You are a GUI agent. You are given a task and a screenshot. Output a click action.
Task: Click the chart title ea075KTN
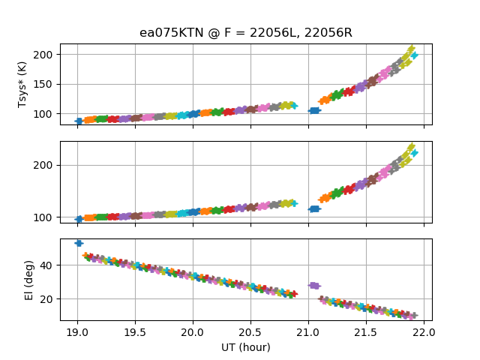pos(172,32)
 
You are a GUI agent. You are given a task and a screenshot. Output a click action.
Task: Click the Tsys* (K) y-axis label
pos(22,85)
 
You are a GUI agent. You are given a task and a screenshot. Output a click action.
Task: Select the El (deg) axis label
pos(28,280)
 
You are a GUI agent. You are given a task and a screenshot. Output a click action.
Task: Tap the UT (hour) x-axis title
pos(246,347)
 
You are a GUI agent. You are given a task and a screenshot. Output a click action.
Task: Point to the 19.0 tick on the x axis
pos(77,332)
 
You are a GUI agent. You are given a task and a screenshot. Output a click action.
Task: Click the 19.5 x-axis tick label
pos(135,332)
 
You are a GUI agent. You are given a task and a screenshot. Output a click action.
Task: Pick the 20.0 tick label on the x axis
pos(193,332)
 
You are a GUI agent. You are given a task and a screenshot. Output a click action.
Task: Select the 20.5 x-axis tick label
pos(250,332)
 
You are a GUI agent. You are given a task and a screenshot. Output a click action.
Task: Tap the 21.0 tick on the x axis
pos(308,332)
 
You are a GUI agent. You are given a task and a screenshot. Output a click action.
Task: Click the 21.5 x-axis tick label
pos(366,332)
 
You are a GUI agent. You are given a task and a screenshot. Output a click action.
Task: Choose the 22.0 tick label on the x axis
pos(424,332)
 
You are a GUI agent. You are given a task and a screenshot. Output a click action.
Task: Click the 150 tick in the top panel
pos(43,85)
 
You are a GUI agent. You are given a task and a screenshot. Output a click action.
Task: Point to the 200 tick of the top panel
pos(43,55)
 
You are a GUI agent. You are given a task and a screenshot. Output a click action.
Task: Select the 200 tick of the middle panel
pos(43,165)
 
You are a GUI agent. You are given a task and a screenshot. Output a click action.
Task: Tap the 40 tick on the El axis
pos(46,265)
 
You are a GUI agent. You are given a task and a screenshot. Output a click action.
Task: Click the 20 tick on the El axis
pos(46,299)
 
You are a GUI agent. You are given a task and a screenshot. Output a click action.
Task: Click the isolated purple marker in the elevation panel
pos(314,286)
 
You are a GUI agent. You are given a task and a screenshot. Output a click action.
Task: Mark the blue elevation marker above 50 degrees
pos(79,243)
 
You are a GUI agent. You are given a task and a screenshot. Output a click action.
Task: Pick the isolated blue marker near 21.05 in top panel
pos(314,110)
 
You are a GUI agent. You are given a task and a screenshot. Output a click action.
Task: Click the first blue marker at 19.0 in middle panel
pos(79,219)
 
